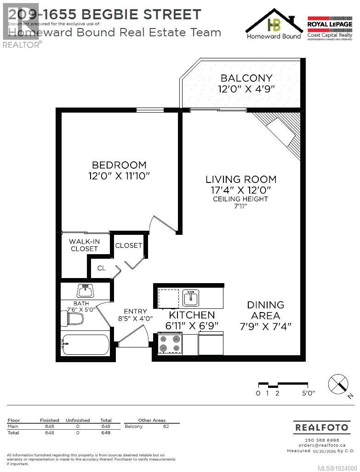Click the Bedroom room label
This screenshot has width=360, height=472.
point(119,165)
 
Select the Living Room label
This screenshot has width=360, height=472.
point(240,179)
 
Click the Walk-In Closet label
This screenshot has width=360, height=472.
point(84,245)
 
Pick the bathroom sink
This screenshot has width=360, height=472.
point(85,290)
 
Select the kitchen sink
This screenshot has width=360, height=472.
point(191,298)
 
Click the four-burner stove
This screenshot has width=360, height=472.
point(169,344)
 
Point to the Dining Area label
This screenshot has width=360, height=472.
point(265,310)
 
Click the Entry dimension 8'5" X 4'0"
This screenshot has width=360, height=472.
point(135,318)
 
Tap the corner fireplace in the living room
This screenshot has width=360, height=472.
point(280,133)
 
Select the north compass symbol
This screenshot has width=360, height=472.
point(338,383)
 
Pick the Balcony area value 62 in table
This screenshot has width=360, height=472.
point(166,427)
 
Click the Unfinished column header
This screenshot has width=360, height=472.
point(77,420)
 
